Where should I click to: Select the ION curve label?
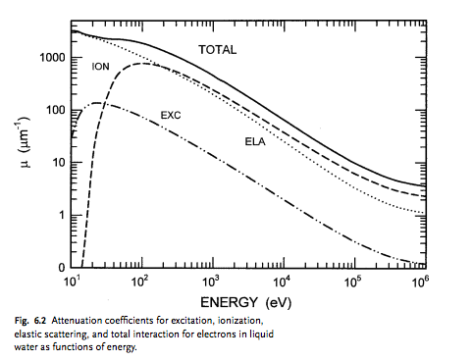click(x=100, y=67)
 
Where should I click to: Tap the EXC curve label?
click(x=172, y=115)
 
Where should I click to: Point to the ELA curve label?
click(x=256, y=141)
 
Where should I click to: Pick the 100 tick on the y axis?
click(x=54, y=110)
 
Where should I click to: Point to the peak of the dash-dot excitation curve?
click(x=98, y=103)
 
